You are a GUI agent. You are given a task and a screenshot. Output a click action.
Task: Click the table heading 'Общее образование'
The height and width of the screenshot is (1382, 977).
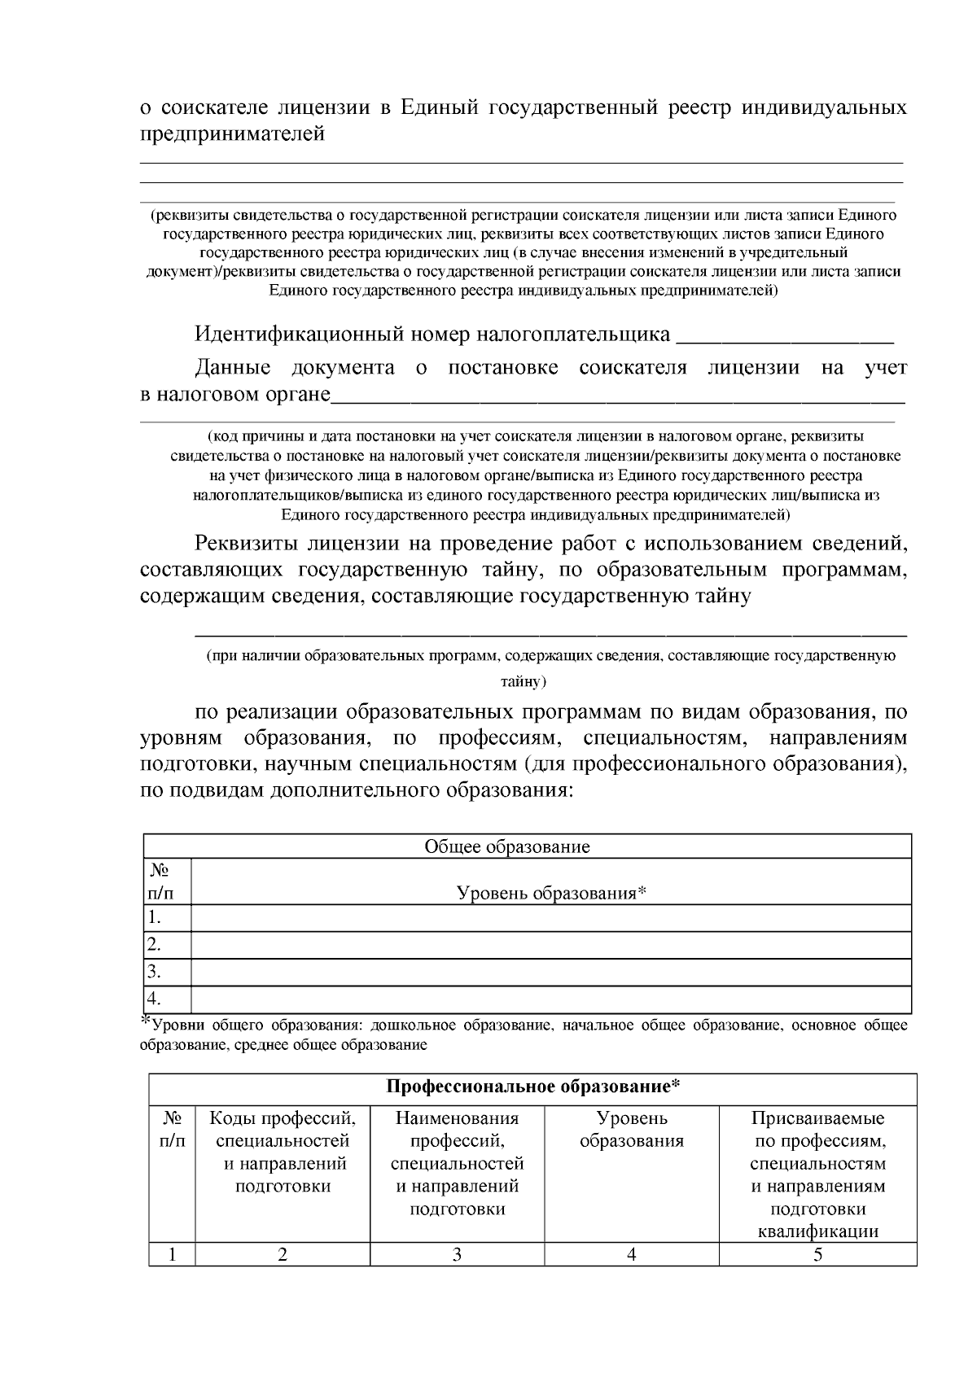[506, 846]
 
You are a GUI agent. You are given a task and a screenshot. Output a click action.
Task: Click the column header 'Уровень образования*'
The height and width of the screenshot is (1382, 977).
[551, 893]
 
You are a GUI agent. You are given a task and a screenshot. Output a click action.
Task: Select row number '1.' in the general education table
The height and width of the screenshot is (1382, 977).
[154, 918]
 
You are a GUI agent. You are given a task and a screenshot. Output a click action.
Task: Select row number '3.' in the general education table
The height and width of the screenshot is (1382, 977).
[154, 971]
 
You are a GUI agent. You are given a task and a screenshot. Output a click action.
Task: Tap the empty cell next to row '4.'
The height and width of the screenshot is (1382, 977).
[550, 999]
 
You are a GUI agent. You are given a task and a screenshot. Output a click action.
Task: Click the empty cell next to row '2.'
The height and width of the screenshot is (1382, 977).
[550, 945]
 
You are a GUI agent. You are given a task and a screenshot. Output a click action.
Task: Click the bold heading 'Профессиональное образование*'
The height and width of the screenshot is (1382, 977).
[532, 1087]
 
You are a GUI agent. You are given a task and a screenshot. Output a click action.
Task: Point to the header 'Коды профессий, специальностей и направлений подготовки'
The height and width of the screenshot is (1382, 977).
[283, 1152]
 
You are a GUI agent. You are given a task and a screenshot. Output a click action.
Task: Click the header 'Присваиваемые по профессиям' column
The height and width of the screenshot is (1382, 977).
[817, 1174]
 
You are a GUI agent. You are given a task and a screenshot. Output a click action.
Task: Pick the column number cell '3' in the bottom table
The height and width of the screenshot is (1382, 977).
[457, 1254]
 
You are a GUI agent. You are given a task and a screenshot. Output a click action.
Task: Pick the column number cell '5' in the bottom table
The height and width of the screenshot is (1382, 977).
[817, 1254]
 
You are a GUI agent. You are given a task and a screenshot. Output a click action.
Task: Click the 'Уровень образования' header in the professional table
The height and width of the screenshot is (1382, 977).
[631, 1130]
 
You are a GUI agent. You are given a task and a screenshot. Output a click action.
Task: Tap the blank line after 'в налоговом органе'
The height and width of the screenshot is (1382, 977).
[619, 398]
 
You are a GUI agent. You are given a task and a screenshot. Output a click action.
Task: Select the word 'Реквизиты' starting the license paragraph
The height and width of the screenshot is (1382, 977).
[245, 543]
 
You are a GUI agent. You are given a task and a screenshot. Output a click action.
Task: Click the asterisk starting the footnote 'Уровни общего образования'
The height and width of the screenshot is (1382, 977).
[147, 1021]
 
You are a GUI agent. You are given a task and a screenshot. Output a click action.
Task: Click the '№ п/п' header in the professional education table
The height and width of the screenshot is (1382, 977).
[171, 1130]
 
